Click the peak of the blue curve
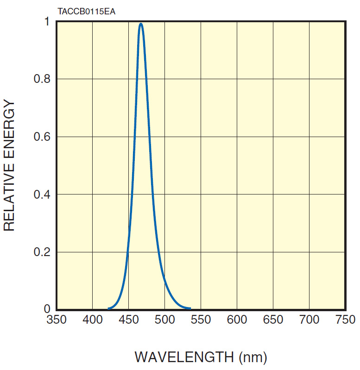[141, 24]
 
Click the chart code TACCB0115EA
[87, 11]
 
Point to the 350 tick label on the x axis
[57, 320]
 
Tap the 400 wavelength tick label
[93, 320]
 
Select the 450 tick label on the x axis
[129, 320]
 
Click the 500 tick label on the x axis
[165, 320]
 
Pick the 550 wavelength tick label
[201, 320]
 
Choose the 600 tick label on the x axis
[237, 320]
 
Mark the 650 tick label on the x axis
[273, 320]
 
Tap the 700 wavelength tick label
[309, 320]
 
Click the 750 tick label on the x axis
[345, 320]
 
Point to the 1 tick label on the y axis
[46, 22]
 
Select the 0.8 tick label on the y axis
[42, 79]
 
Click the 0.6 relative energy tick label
[42, 137]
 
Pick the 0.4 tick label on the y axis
[42, 194]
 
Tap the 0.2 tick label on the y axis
[42, 252]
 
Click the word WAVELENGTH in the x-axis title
[184, 357]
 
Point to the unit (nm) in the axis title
[253, 357]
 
